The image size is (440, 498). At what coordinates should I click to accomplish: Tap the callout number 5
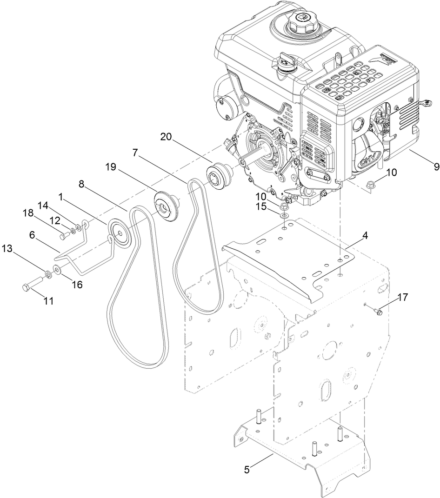click(x=247, y=470)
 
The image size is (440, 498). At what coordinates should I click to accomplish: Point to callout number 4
click(x=365, y=236)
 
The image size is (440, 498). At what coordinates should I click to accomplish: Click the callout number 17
click(x=403, y=297)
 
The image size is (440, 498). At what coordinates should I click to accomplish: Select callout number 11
click(x=48, y=301)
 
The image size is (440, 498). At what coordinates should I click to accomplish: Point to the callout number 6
click(x=32, y=236)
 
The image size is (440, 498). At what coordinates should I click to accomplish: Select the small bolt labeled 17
click(x=377, y=312)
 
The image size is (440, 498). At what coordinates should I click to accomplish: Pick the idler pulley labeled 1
click(x=119, y=232)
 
